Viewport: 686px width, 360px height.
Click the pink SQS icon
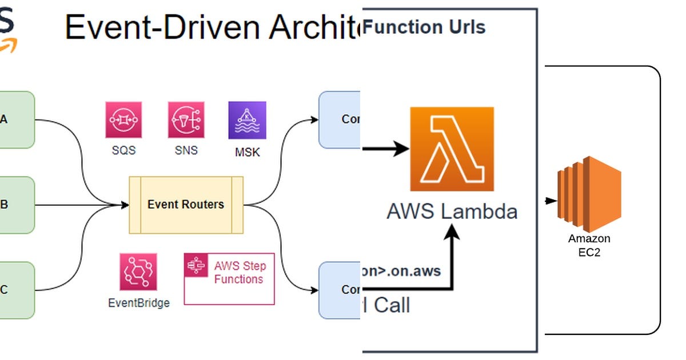click(x=123, y=120)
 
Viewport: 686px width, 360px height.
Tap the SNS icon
click(x=186, y=120)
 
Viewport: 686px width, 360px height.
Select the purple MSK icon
click(x=247, y=120)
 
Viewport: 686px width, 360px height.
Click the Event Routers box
click(x=186, y=205)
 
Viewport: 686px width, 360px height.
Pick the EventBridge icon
click(x=138, y=272)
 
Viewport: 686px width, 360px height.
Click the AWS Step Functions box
click(x=229, y=278)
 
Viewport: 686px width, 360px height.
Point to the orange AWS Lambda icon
click(x=452, y=149)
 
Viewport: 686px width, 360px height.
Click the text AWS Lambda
click(x=452, y=211)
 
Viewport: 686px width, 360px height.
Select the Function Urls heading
click(x=424, y=27)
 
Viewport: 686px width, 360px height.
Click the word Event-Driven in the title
click(x=151, y=27)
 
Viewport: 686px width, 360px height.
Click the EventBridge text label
click(x=138, y=303)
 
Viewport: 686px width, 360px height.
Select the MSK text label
click(x=247, y=153)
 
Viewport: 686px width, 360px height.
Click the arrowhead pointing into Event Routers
click(x=125, y=205)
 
